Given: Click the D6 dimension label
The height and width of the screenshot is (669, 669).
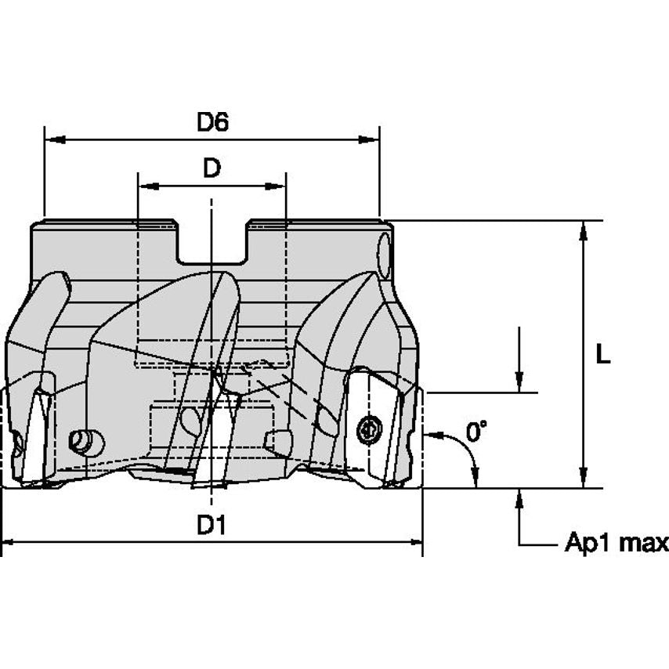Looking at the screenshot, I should [212, 122].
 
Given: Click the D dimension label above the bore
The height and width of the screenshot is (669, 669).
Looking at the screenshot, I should [212, 168].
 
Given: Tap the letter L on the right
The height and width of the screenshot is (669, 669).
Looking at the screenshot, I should [602, 354].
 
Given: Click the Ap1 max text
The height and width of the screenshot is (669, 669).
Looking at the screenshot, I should [617, 543].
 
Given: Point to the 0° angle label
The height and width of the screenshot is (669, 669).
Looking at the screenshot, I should [476, 431].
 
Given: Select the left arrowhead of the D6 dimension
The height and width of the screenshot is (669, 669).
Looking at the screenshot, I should [52, 140].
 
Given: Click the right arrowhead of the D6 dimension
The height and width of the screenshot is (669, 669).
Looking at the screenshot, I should [372, 140].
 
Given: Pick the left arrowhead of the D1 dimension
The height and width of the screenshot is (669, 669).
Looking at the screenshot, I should [9, 541].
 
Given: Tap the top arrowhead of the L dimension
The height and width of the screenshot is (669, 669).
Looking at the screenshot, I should [583, 229].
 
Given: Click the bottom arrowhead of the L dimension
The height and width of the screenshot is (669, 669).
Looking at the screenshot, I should [583, 479].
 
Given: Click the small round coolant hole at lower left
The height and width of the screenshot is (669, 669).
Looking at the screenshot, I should [82, 442].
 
